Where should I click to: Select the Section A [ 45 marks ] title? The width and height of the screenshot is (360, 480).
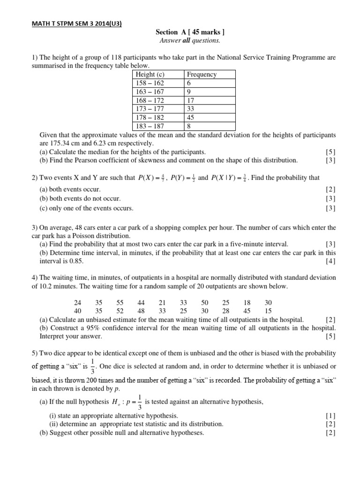[x=190, y=32]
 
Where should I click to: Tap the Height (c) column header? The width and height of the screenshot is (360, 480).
[x=150, y=75]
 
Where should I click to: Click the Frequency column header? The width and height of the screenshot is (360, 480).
[x=202, y=75]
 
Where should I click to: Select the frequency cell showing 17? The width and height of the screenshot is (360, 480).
[x=190, y=100]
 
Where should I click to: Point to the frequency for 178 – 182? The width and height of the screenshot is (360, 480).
[x=190, y=118]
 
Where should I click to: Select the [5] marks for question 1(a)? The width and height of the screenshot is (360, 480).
[x=330, y=152]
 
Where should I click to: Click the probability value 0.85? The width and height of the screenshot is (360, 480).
[x=75, y=261]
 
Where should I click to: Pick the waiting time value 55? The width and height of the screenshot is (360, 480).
[x=120, y=303]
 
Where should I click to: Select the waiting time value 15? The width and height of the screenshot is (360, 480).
[x=268, y=311]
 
